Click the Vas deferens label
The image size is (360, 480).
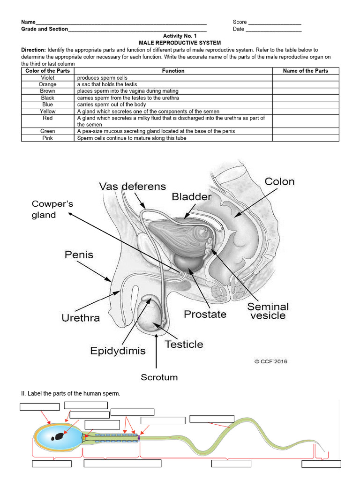pos(132,187)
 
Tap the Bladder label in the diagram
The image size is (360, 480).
pos(191,196)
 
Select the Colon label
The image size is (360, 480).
pos(279,181)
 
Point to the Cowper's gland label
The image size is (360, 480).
pos(52,210)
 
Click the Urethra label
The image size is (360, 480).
pos(81,318)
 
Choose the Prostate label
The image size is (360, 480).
pos(205,314)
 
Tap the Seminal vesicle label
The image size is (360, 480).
pos(268,311)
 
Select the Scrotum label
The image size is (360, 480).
pos(159,377)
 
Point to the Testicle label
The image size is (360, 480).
pos(184,345)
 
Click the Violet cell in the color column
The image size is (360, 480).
pos(48,78)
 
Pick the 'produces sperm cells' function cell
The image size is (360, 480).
pos(102,78)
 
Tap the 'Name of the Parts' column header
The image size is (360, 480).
pos(305,71)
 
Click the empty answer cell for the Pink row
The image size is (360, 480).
pos(305,138)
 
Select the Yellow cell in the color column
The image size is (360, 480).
pos(48,112)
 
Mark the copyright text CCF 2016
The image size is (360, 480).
pos(270,361)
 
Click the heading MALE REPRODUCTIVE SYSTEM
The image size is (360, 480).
pos(180,43)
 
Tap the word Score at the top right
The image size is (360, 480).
pos(240,22)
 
